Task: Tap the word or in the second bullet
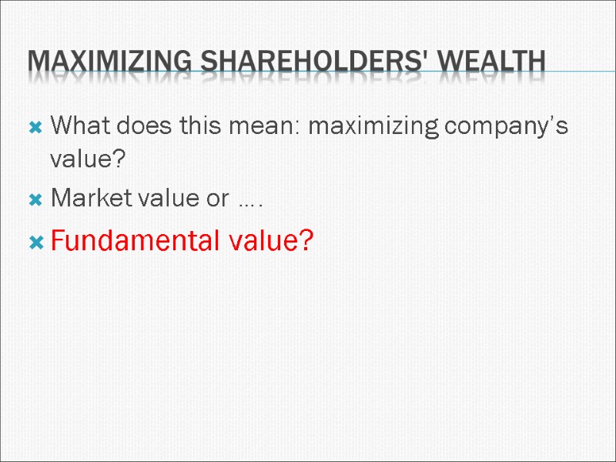215,200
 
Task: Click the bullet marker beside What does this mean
35,127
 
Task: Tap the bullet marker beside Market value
35,199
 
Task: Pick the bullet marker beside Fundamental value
35,243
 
